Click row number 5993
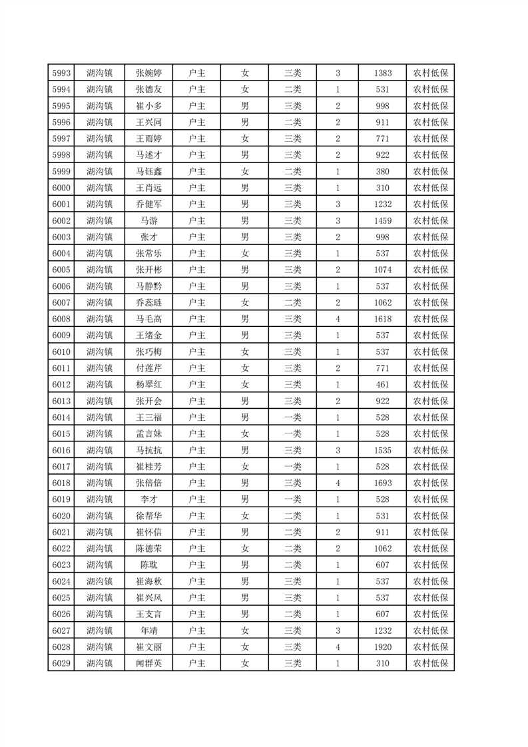tap(61, 73)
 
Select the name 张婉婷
tap(148, 73)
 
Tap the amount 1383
tap(383, 73)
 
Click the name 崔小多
tap(148, 106)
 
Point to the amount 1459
tap(383, 220)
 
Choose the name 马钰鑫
tap(148, 171)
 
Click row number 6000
tap(61, 188)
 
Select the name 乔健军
tap(148, 204)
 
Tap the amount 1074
tap(383, 270)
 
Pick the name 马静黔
tap(148, 286)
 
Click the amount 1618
tap(383, 319)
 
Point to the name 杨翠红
tap(148, 384)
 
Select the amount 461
tap(383, 384)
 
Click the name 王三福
tap(148, 417)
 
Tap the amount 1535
tap(383, 450)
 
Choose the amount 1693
tap(383, 483)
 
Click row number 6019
tap(61, 499)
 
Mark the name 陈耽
tap(148, 565)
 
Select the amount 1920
tap(383, 646)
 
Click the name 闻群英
tap(148, 663)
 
